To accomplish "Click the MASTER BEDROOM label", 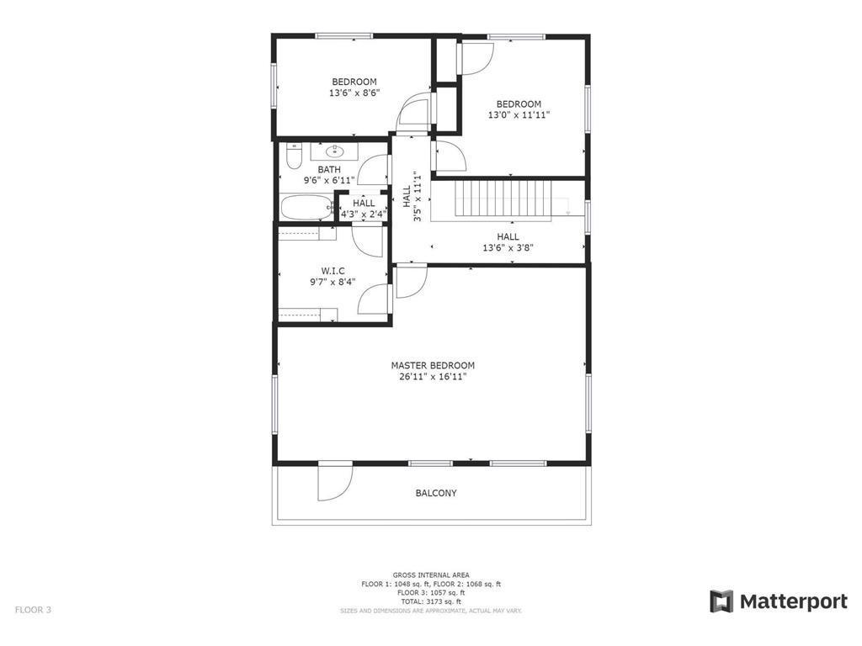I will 433,366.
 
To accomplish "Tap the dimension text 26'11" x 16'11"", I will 433,378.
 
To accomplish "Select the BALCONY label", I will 436,493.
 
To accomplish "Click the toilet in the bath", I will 293,157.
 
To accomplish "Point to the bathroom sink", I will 333,152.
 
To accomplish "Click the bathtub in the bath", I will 306,208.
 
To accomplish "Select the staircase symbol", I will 503,199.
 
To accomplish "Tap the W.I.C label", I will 333,271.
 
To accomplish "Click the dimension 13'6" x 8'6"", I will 354,93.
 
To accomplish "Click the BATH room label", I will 329,169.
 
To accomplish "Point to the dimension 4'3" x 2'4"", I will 364,214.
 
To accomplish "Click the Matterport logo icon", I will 721,601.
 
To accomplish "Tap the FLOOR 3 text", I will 33,610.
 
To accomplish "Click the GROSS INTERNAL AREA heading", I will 431,575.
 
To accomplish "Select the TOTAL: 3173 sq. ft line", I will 431,601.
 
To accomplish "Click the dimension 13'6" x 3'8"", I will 508,248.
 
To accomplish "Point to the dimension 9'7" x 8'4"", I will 333,282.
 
